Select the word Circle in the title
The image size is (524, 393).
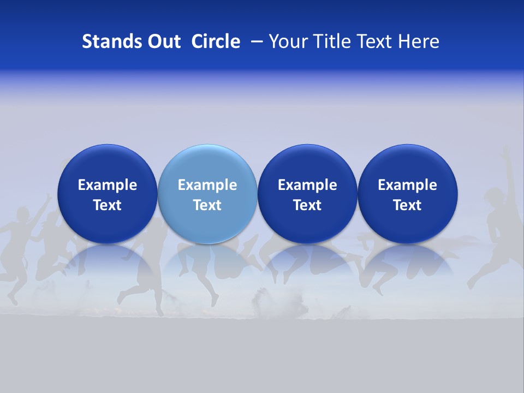click(x=216, y=41)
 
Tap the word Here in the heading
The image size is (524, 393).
click(x=418, y=41)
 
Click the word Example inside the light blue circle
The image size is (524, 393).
click(x=207, y=185)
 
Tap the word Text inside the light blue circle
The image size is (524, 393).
click(x=207, y=205)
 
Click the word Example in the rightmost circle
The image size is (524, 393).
click(x=408, y=185)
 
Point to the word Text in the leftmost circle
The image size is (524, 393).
click(x=107, y=205)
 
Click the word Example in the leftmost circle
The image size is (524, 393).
click(x=107, y=185)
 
